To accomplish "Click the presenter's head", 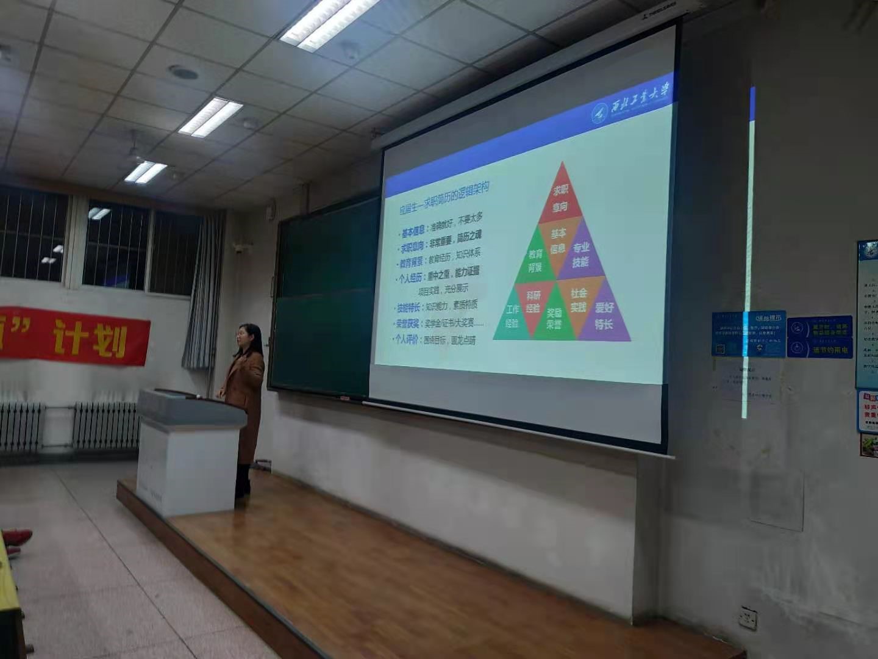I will pyautogui.click(x=249, y=339).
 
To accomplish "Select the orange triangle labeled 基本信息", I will pyautogui.click(x=558, y=243).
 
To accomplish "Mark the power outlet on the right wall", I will pyautogui.click(x=748, y=618).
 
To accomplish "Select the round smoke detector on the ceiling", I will pyautogui.click(x=183, y=73).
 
